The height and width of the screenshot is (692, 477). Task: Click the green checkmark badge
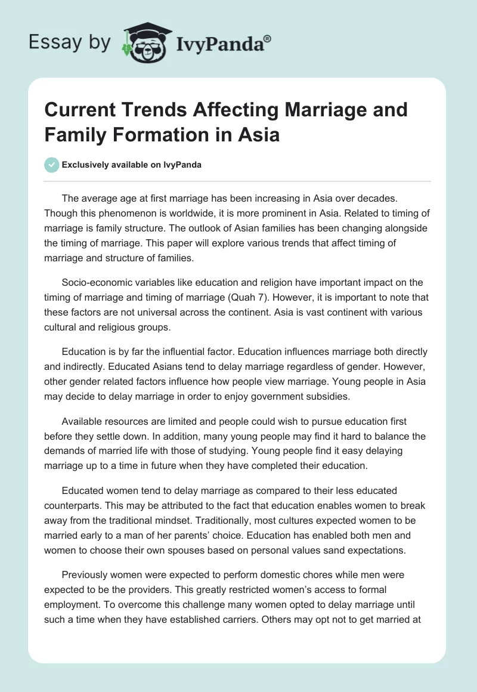(x=52, y=165)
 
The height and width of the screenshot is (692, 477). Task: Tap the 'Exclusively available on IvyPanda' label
(x=132, y=165)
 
